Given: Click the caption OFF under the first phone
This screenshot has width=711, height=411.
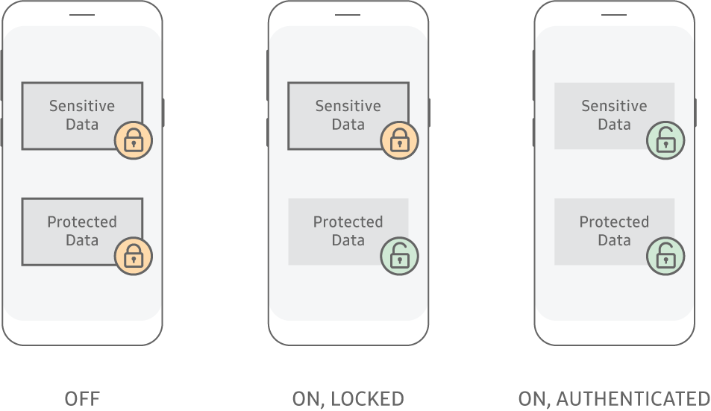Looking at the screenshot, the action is [x=82, y=399].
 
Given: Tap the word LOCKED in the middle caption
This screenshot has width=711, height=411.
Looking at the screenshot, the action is [x=367, y=399].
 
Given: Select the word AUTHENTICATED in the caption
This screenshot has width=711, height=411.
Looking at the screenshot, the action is [x=633, y=399].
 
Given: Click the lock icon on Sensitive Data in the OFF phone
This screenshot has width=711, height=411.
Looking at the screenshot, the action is [x=134, y=140].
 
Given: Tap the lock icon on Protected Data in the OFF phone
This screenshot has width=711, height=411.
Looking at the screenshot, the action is [x=134, y=257].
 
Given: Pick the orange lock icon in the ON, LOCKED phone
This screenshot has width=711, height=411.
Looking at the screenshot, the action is [x=399, y=140].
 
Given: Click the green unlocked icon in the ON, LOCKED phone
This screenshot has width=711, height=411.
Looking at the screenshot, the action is [x=399, y=257].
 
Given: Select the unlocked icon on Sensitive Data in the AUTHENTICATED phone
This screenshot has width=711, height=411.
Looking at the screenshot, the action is [x=665, y=140].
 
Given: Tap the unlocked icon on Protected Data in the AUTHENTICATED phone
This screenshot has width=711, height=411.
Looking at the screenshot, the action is [x=665, y=257].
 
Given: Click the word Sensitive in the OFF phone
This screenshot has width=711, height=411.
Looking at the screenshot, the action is [x=82, y=106].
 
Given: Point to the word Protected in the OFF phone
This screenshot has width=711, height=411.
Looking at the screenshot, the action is [x=82, y=222].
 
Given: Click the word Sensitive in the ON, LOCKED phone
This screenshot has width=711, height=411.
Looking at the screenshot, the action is [x=348, y=106].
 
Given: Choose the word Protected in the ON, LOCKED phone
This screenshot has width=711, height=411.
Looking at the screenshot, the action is [x=348, y=222].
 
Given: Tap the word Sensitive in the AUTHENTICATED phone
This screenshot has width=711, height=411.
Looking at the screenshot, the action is [x=615, y=106].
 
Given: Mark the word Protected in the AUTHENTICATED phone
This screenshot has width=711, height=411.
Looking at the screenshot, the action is [x=615, y=222].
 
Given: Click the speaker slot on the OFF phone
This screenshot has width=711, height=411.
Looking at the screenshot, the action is [x=82, y=15].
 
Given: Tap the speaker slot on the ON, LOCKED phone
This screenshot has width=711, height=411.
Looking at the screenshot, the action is [x=348, y=15].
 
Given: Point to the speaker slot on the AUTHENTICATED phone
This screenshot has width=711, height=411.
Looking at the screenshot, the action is [x=614, y=15].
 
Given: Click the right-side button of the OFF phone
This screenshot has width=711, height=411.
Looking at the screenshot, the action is [x=163, y=113].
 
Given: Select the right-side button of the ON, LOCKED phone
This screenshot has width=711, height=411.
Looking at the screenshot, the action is [x=430, y=113].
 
